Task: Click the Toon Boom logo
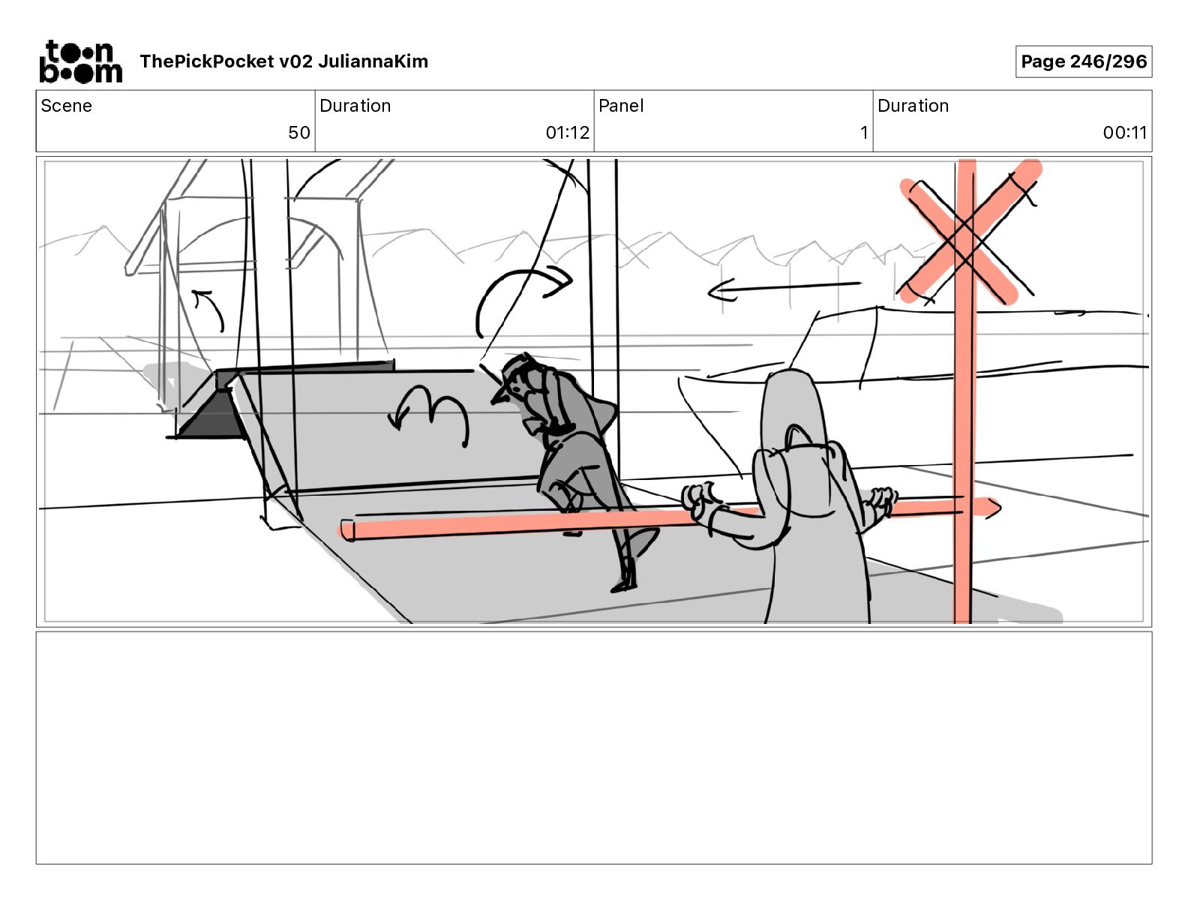pyautogui.click(x=80, y=61)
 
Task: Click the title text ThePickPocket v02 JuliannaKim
pyautogui.click(x=283, y=61)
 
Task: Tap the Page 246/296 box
pyautogui.click(x=1083, y=61)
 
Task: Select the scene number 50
pyautogui.click(x=298, y=133)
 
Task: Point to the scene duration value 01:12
pyautogui.click(x=567, y=133)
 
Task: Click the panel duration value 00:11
pyautogui.click(x=1124, y=133)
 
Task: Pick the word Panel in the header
pyautogui.click(x=621, y=106)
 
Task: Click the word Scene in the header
pyautogui.click(x=66, y=106)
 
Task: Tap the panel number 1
pyautogui.click(x=864, y=133)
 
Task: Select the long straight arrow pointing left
pyautogui.click(x=784, y=288)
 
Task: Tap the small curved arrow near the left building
pyautogui.click(x=210, y=307)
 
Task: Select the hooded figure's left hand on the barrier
pyautogui.click(x=702, y=499)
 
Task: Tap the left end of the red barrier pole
pyautogui.click(x=348, y=530)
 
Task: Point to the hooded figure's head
pyautogui.click(x=791, y=405)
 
